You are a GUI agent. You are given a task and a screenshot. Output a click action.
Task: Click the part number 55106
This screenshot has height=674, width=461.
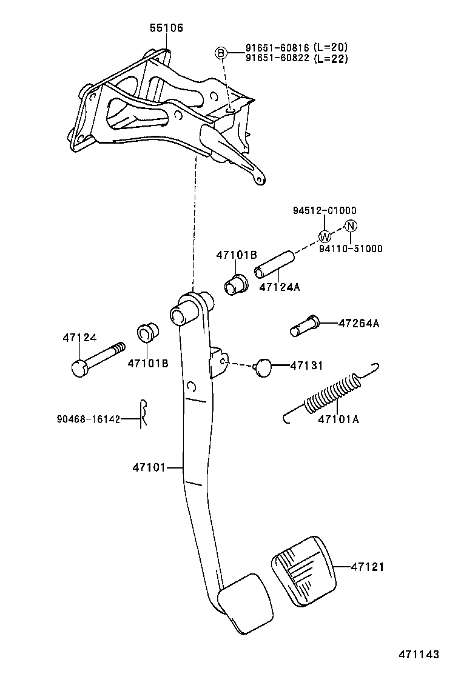tap(167, 28)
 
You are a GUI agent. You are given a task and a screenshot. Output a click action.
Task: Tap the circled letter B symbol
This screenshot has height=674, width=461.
tap(221, 53)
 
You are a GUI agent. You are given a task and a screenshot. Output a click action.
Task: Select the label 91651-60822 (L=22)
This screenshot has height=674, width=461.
tap(297, 58)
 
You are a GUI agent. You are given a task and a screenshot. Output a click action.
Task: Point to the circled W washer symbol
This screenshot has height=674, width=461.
tap(325, 236)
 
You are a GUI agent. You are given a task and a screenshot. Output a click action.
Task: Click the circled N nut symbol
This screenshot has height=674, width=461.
tap(351, 225)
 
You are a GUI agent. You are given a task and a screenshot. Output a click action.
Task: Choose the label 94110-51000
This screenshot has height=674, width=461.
tap(351, 249)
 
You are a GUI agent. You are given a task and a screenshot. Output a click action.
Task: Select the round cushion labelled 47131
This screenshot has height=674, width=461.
tap(263, 367)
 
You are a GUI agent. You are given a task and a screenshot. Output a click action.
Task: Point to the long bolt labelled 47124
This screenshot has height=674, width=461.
tap(97, 358)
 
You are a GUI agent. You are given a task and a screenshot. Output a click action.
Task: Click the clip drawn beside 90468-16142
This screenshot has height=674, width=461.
tap(143, 414)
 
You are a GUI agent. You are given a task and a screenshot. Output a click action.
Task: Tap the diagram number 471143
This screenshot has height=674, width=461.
tap(418, 655)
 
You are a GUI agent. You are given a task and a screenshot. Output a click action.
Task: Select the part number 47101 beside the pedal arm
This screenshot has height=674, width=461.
tap(149, 467)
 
